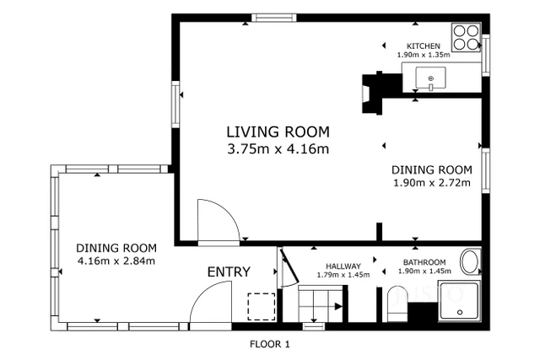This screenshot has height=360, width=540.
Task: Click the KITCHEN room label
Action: [423, 46]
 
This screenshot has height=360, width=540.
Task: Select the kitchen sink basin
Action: [431, 80]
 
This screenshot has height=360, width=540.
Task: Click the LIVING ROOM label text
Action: [278, 132]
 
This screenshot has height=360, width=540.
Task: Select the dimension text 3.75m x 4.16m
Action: [278, 149]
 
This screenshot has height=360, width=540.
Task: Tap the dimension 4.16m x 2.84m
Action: [116, 261]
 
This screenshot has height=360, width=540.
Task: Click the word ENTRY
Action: [229, 271]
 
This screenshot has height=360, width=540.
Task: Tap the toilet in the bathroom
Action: [397, 304]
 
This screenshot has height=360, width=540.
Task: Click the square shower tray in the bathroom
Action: [461, 302]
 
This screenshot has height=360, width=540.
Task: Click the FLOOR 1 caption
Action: [270, 344]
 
